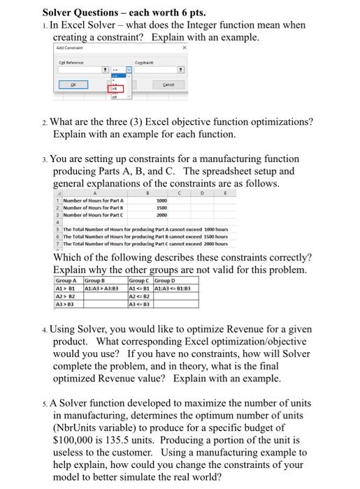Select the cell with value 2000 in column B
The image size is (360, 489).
click(x=161, y=215)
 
